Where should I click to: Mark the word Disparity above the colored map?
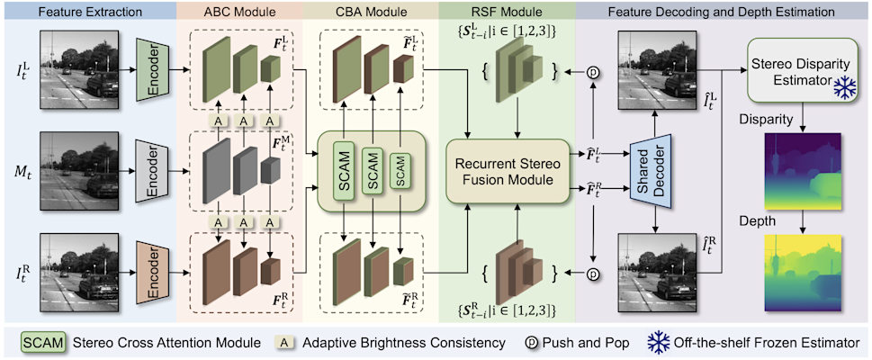point(763,117)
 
